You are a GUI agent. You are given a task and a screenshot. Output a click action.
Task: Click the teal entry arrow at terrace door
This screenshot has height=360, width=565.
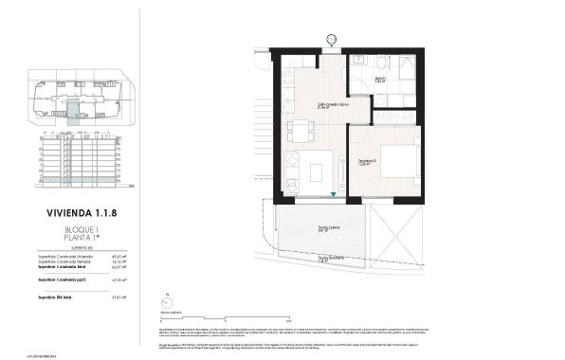[334, 194]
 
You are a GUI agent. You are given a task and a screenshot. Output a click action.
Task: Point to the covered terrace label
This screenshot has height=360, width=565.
[329, 228]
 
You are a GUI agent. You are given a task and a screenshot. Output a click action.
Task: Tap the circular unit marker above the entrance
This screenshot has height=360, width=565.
[332, 39]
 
